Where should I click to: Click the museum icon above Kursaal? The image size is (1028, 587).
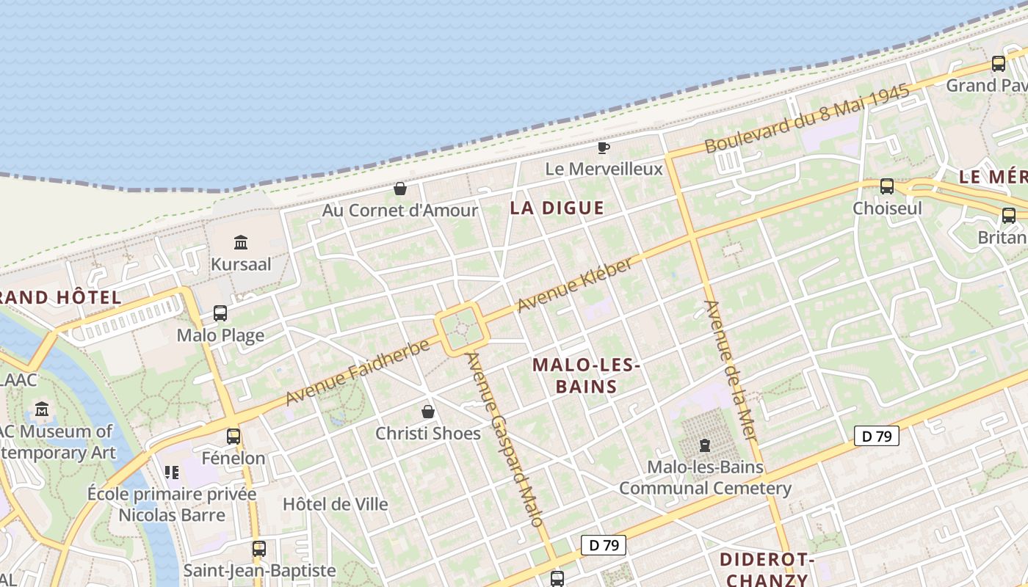click(240, 242)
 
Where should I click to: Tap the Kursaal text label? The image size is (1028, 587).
click(241, 264)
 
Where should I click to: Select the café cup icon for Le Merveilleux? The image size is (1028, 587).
click(603, 147)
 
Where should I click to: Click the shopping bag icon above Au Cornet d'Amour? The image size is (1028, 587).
click(400, 189)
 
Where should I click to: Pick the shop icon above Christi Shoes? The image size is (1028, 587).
click(428, 412)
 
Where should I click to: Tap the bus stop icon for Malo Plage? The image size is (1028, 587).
click(220, 313)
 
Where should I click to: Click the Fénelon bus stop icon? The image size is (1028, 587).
click(234, 437)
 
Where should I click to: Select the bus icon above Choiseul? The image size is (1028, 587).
click(886, 186)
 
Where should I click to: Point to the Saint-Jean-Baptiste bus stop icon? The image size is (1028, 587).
click(258, 549)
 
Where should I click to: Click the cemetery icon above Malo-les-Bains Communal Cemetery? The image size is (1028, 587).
click(705, 445)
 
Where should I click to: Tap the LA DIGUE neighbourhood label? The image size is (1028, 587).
click(557, 208)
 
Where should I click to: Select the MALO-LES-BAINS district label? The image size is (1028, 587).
click(586, 375)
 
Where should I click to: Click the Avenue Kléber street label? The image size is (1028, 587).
click(574, 285)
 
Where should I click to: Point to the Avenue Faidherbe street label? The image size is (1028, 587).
click(357, 372)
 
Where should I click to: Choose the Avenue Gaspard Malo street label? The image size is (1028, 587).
click(505, 440)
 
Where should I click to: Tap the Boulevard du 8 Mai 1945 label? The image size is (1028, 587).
click(807, 119)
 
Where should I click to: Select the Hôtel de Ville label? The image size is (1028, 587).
click(336, 504)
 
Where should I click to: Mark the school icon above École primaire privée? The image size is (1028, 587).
click(172, 472)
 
